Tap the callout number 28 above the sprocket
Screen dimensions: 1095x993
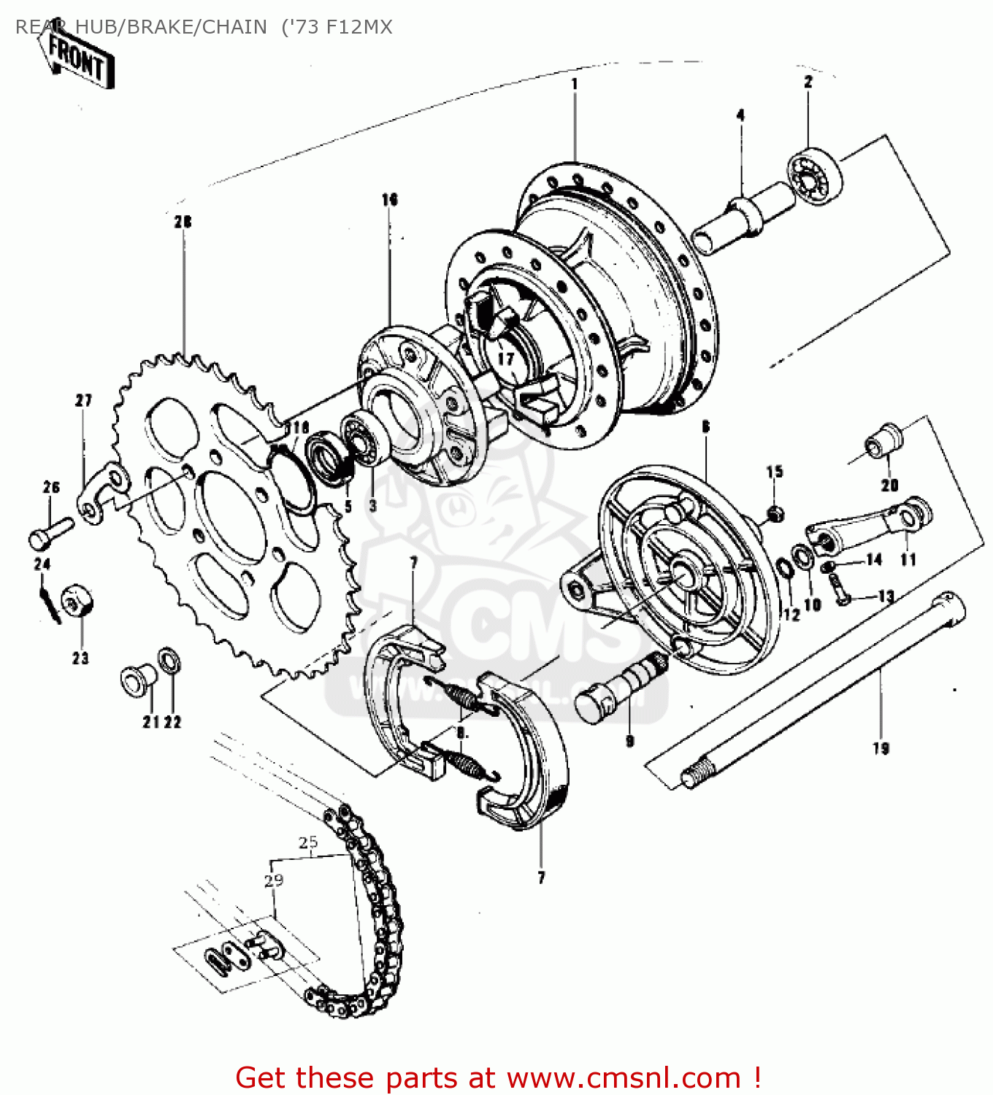(x=183, y=221)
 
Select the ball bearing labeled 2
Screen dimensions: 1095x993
(x=814, y=177)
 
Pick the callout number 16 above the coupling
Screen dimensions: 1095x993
(x=389, y=199)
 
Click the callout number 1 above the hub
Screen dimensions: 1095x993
(x=575, y=84)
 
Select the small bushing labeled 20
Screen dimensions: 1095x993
(x=884, y=439)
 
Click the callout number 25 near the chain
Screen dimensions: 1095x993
(x=308, y=842)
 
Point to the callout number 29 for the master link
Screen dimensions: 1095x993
(x=274, y=880)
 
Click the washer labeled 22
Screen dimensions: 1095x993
(x=170, y=664)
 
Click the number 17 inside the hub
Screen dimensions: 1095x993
(x=506, y=358)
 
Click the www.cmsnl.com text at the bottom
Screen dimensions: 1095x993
(x=624, y=1077)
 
